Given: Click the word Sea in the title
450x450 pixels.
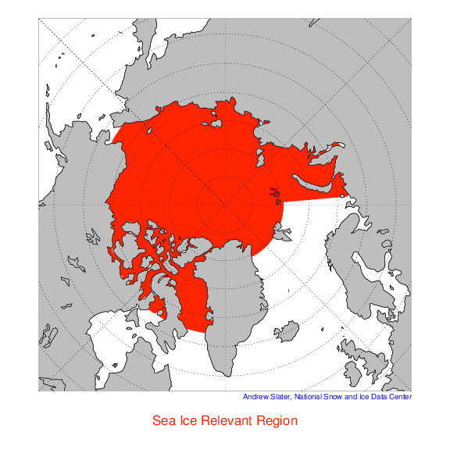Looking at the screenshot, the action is point(166,420).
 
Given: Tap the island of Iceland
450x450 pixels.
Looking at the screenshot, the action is point(290,334).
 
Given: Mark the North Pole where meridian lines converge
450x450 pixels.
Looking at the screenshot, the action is point(225,205).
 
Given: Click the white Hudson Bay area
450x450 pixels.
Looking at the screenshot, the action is point(117,328).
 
